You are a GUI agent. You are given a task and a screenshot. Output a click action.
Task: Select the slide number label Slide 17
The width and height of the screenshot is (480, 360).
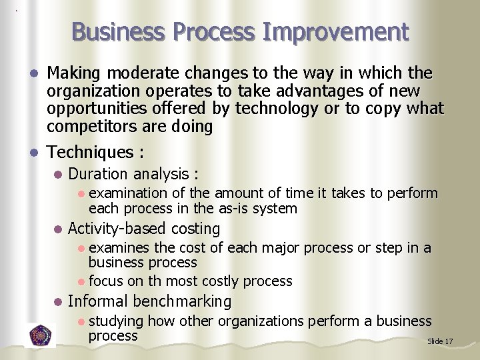(440, 341)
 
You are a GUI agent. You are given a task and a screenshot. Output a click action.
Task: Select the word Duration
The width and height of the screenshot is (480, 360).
(98, 174)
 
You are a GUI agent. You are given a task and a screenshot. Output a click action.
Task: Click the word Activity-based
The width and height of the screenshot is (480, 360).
(117, 229)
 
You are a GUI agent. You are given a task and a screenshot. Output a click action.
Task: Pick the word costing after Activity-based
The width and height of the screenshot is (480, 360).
(195, 229)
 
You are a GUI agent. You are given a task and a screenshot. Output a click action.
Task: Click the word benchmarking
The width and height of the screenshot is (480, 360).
(182, 301)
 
